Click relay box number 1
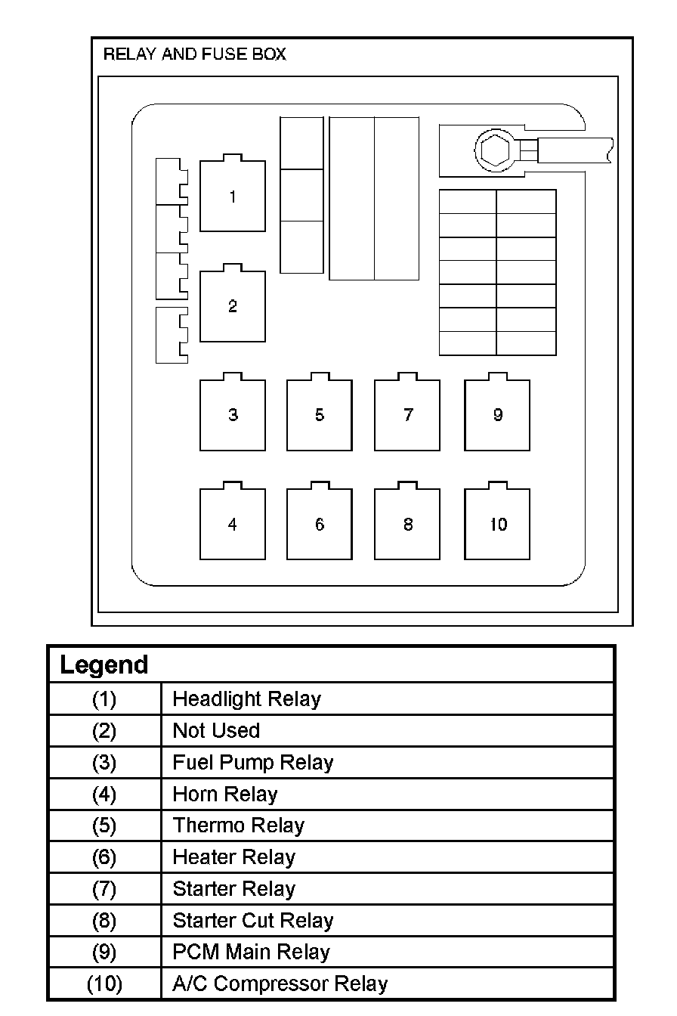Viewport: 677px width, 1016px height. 233,197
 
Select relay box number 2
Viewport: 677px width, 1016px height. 233,306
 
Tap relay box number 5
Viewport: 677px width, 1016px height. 320,415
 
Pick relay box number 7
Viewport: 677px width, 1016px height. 407,415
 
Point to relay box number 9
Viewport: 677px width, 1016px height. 497,415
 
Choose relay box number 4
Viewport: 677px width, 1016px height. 233,525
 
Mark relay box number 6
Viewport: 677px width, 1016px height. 320,525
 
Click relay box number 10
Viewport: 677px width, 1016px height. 497,525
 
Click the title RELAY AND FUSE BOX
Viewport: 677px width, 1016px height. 194,54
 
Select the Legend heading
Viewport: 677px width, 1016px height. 104,665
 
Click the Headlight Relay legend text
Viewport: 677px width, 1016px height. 246,699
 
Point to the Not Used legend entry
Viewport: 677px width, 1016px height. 216,731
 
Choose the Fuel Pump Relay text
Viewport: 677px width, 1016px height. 253,763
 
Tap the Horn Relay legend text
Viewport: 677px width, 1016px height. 225,795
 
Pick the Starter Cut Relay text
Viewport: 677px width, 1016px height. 253,921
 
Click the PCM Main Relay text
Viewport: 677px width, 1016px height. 252,952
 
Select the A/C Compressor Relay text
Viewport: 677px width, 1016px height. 280,984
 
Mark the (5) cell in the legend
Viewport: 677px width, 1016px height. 104,825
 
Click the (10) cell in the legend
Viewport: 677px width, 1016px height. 104,984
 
